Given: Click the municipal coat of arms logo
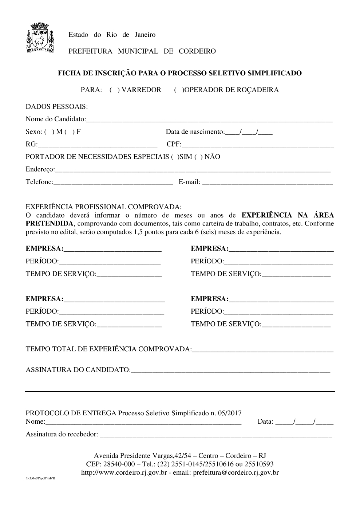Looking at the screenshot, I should pos(41,38).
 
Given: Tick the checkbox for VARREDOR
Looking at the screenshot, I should pos(114,90).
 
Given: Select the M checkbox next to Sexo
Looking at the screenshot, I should pos(49,132).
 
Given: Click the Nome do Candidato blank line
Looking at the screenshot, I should pos(209,120).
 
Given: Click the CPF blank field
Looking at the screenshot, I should pos(257,145).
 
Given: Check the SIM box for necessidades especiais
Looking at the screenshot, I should pos(175,157).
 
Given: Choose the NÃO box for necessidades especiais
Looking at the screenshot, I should pos(198,157).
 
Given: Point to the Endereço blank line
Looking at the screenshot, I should pos(193,170).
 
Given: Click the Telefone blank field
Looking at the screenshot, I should pos(113,182).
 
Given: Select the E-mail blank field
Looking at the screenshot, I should pos(267,182).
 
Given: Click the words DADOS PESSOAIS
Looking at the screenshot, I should pos(56,107).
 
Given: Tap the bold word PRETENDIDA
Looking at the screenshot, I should pos(49,223).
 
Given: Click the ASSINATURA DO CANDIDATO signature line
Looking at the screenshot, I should pos(230,370).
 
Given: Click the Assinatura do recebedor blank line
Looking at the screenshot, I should pos(216,435).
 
